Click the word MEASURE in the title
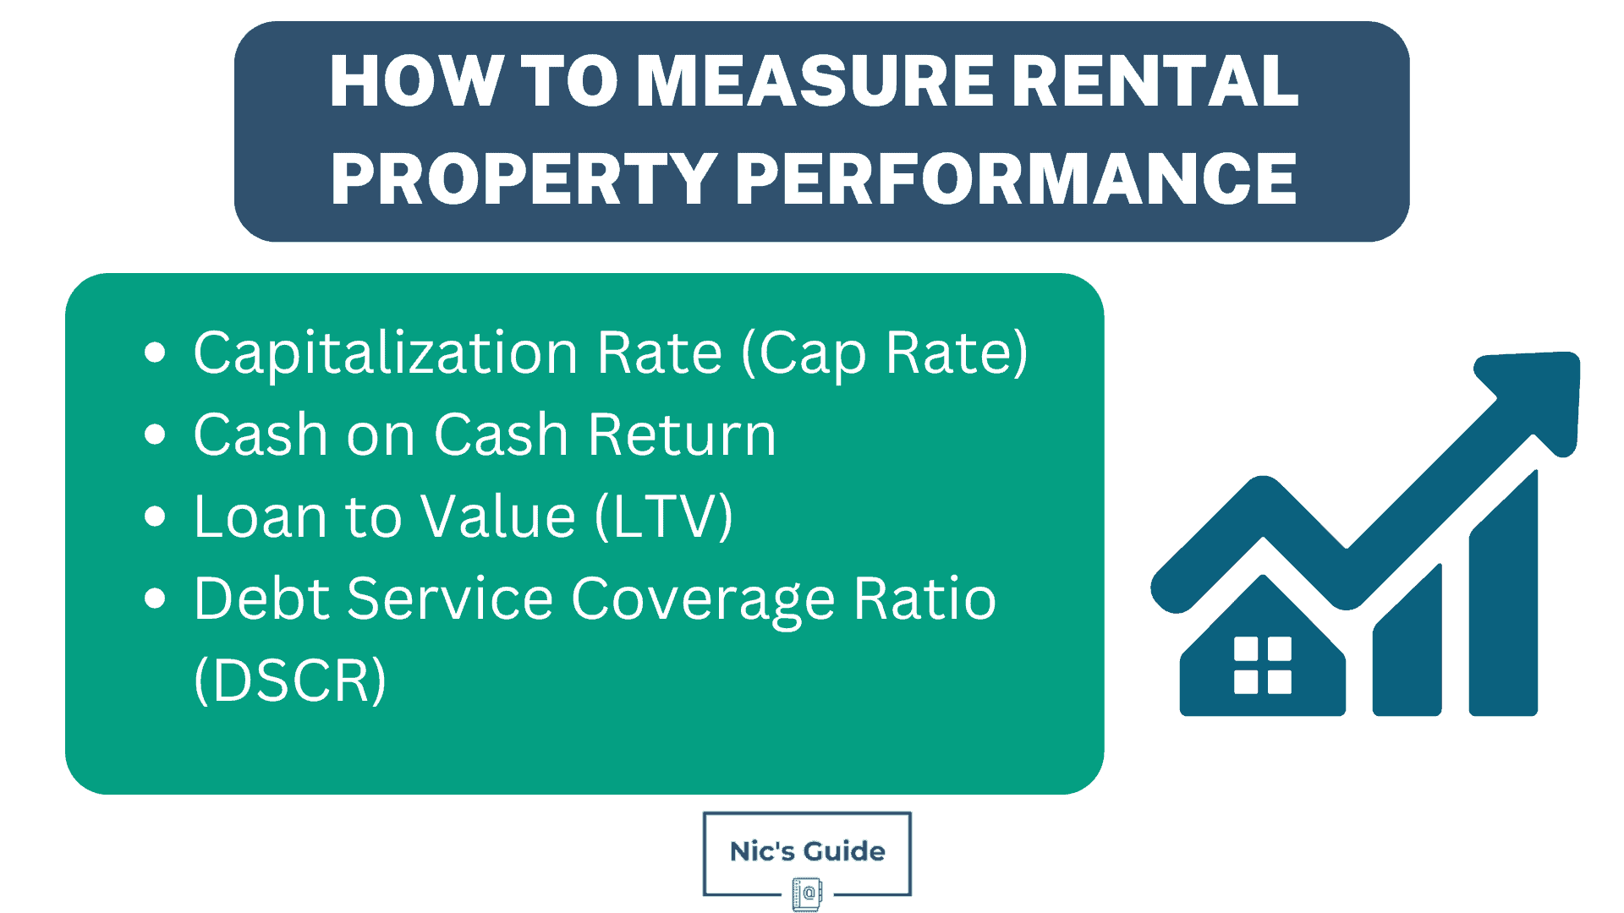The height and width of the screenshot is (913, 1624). click(814, 82)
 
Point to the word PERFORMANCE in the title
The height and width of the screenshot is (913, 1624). click(1016, 179)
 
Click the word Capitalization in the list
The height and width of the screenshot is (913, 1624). click(386, 353)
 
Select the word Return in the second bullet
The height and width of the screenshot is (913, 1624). click(682, 435)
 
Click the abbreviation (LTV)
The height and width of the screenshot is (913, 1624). click(664, 517)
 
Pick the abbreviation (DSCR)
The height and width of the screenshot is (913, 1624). click(290, 681)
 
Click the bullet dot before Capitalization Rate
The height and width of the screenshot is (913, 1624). click(155, 353)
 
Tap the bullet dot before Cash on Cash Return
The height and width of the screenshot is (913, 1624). click(155, 435)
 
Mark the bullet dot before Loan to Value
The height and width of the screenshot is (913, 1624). click(155, 516)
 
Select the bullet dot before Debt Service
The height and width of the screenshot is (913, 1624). click(155, 599)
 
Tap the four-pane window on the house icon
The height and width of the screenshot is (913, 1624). click(1263, 665)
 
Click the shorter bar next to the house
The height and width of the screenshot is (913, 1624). click(1407, 655)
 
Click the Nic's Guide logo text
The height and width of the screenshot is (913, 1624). click(807, 851)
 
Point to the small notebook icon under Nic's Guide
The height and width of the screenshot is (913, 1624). click(807, 894)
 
